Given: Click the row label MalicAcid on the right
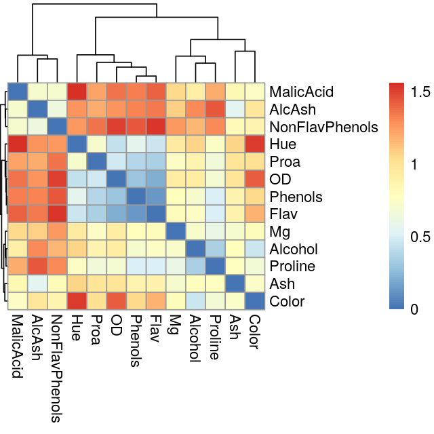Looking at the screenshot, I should (x=301, y=92).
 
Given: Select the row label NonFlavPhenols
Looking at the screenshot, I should (x=323, y=127).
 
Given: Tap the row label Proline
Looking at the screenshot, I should (x=289, y=266).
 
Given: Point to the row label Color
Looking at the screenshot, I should (x=286, y=301).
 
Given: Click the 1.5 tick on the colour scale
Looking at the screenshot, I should (x=420, y=90).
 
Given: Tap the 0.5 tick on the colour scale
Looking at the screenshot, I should (x=420, y=237).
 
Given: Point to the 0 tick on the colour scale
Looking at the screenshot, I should (x=416, y=309).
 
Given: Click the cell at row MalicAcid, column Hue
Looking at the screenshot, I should (x=77, y=91).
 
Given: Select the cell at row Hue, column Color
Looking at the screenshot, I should (x=254, y=144).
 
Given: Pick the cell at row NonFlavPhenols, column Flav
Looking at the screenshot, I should (x=155, y=126).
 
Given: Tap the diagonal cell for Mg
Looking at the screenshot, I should (x=175, y=231).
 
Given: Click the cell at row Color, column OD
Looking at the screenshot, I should (x=116, y=301).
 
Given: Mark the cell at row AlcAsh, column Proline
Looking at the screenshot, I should (x=214, y=108).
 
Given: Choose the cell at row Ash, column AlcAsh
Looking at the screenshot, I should (x=37, y=283).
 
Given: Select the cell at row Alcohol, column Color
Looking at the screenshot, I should (x=254, y=249).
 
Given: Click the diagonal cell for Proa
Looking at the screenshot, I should (x=96, y=161).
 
